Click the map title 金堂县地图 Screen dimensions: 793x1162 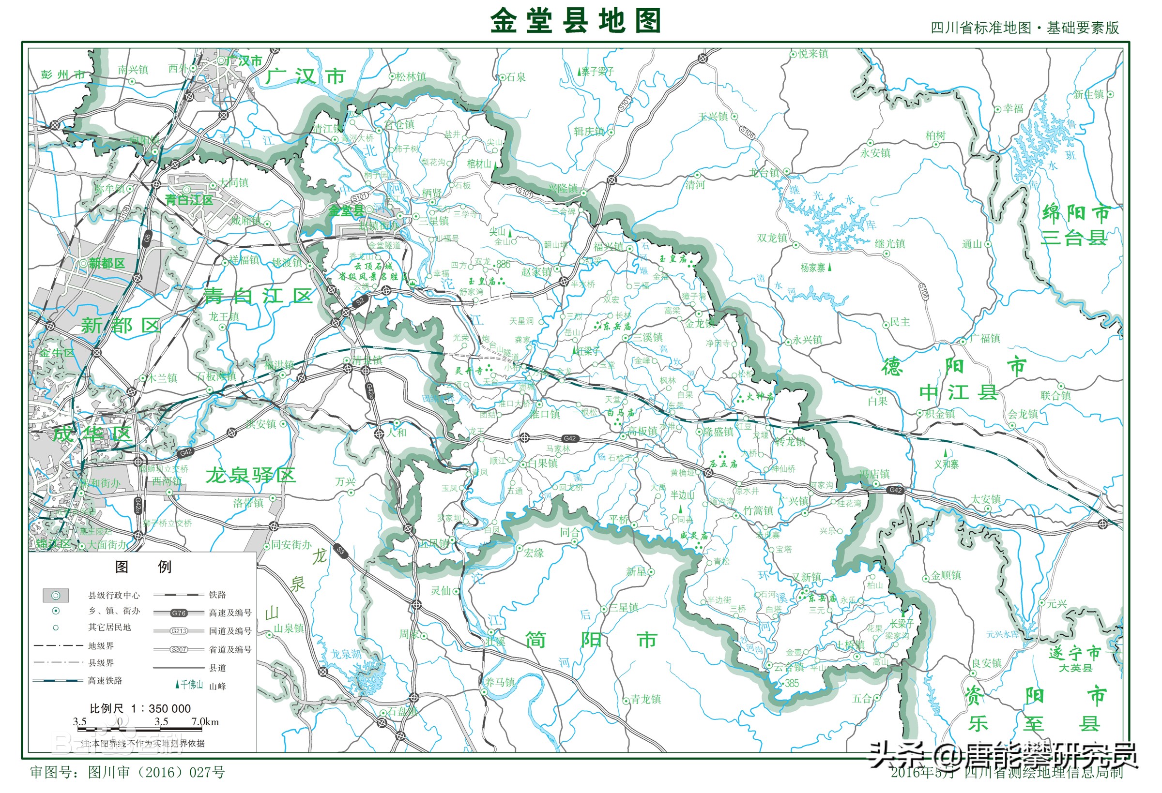(576, 21)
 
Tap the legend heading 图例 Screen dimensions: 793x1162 (143, 567)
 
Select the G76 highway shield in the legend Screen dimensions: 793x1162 (179, 613)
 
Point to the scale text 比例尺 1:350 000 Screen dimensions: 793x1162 (140, 708)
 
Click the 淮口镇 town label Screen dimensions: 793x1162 (545, 414)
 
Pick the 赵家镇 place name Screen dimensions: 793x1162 (536, 272)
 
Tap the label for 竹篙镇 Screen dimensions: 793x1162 (758, 510)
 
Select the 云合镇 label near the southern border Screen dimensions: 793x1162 (789, 667)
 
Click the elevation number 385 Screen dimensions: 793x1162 (792, 683)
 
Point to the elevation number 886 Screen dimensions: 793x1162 (503, 264)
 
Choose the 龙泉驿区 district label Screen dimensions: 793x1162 (250, 475)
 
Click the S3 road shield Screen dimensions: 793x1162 (340, 551)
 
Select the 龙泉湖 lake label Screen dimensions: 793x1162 (346, 654)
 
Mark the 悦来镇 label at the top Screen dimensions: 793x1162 (813, 54)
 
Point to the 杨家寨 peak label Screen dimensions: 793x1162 (812, 268)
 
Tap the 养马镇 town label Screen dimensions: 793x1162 (499, 682)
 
